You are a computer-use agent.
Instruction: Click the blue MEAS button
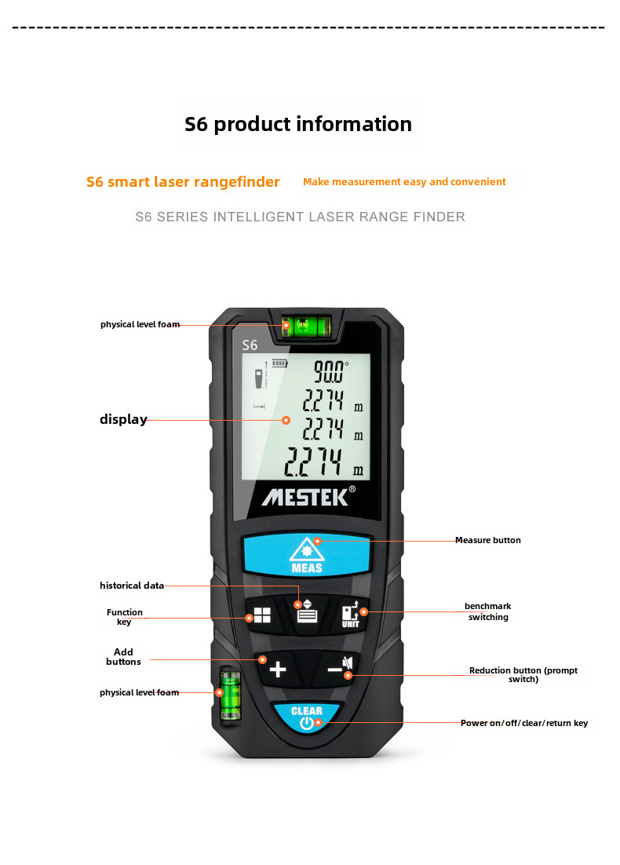pyautogui.click(x=306, y=555)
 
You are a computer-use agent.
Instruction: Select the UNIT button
pyautogui.click(x=350, y=614)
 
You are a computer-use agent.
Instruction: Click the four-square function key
pyautogui.click(x=262, y=616)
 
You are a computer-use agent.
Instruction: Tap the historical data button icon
pyautogui.click(x=307, y=612)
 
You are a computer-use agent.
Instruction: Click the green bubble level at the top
pyautogui.click(x=306, y=325)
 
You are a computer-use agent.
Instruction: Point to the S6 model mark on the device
pyautogui.click(x=250, y=345)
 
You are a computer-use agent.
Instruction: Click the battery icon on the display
pyautogui.click(x=279, y=363)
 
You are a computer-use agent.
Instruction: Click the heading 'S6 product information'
pyautogui.click(x=298, y=124)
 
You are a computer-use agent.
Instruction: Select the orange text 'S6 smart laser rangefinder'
pyautogui.click(x=183, y=182)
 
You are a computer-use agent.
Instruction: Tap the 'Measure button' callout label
pyautogui.click(x=487, y=540)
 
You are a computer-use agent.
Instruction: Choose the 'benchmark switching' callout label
pyautogui.click(x=487, y=611)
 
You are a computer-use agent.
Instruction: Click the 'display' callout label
pyautogui.click(x=123, y=419)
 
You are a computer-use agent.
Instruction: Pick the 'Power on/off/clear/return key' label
pyautogui.click(x=523, y=723)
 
